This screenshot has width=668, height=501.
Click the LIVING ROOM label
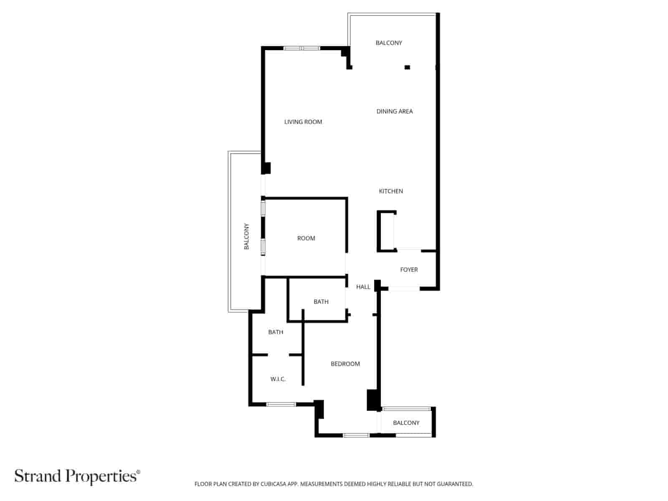tap(303, 122)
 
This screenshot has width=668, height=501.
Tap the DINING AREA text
tap(395, 111)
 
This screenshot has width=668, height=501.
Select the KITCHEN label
tap(391, 191)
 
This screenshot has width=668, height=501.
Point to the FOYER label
tap(409, 270)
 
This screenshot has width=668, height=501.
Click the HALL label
tap(363, 287)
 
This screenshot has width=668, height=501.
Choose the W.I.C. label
tap(278, 379)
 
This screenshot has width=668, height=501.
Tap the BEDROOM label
tap(345, 364)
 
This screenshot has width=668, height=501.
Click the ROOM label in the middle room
tap(306, 238)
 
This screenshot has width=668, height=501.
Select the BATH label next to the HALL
tap(321, 302)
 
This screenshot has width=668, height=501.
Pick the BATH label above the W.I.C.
tap(276, 332)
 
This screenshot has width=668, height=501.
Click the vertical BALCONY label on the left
tap(246, 237)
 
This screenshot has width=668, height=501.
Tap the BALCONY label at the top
tap(389, 43)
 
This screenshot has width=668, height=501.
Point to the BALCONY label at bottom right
tap(406, 423)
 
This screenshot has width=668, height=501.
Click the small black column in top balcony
tap(407, 67)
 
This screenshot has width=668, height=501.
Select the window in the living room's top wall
tap(301, 48)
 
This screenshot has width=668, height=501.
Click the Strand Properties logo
tap(77, 476)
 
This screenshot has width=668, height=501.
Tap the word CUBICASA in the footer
tap(274, 484)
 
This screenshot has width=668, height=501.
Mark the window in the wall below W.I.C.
tap(281, 404)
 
